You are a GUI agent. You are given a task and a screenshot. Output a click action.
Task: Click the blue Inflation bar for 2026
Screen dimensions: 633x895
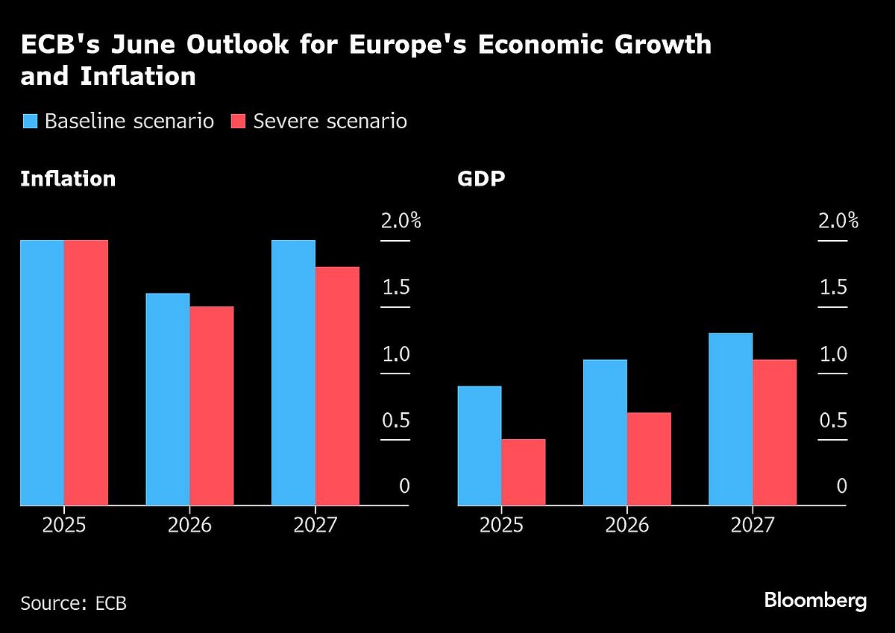pos(168,399)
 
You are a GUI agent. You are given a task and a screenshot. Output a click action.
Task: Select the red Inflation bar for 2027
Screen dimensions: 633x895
pos(337,386)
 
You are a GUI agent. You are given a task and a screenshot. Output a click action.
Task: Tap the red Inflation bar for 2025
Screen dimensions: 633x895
pos(86,373)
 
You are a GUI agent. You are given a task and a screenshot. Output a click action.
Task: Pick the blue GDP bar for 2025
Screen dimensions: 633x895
pos(479,446)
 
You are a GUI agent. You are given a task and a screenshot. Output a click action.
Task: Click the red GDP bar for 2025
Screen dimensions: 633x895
pos(523,472)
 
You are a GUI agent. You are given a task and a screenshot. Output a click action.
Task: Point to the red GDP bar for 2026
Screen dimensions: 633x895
pos(649,459)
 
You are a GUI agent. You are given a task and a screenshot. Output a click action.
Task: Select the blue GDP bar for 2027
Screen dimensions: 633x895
pos(730,419)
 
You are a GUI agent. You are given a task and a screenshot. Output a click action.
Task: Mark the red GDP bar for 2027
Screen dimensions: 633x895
pos(774,432)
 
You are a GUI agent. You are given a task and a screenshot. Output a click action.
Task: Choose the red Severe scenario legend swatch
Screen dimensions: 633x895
pos(238,122)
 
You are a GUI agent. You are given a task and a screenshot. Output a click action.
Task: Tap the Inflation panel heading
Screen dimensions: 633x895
pos(68,180)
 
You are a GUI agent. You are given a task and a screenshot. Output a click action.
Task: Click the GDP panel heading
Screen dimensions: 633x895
pos(480,180)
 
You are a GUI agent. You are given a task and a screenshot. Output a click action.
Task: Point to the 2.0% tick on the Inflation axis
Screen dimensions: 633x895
pos(401,221)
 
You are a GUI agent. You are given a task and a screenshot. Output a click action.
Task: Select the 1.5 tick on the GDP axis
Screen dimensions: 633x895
pos(833,288)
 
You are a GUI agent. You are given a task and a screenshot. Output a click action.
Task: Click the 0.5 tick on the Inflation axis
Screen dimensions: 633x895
pos(396,421)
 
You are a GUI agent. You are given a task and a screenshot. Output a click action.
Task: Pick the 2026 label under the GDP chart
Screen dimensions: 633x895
pos(627,525)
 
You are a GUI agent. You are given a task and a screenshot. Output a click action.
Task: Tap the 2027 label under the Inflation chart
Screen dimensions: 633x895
pos(315,525)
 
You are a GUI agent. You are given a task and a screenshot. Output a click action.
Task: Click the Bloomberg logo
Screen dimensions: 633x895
pos(815,600)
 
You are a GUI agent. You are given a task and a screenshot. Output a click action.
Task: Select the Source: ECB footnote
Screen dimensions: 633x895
pos(73,602)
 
